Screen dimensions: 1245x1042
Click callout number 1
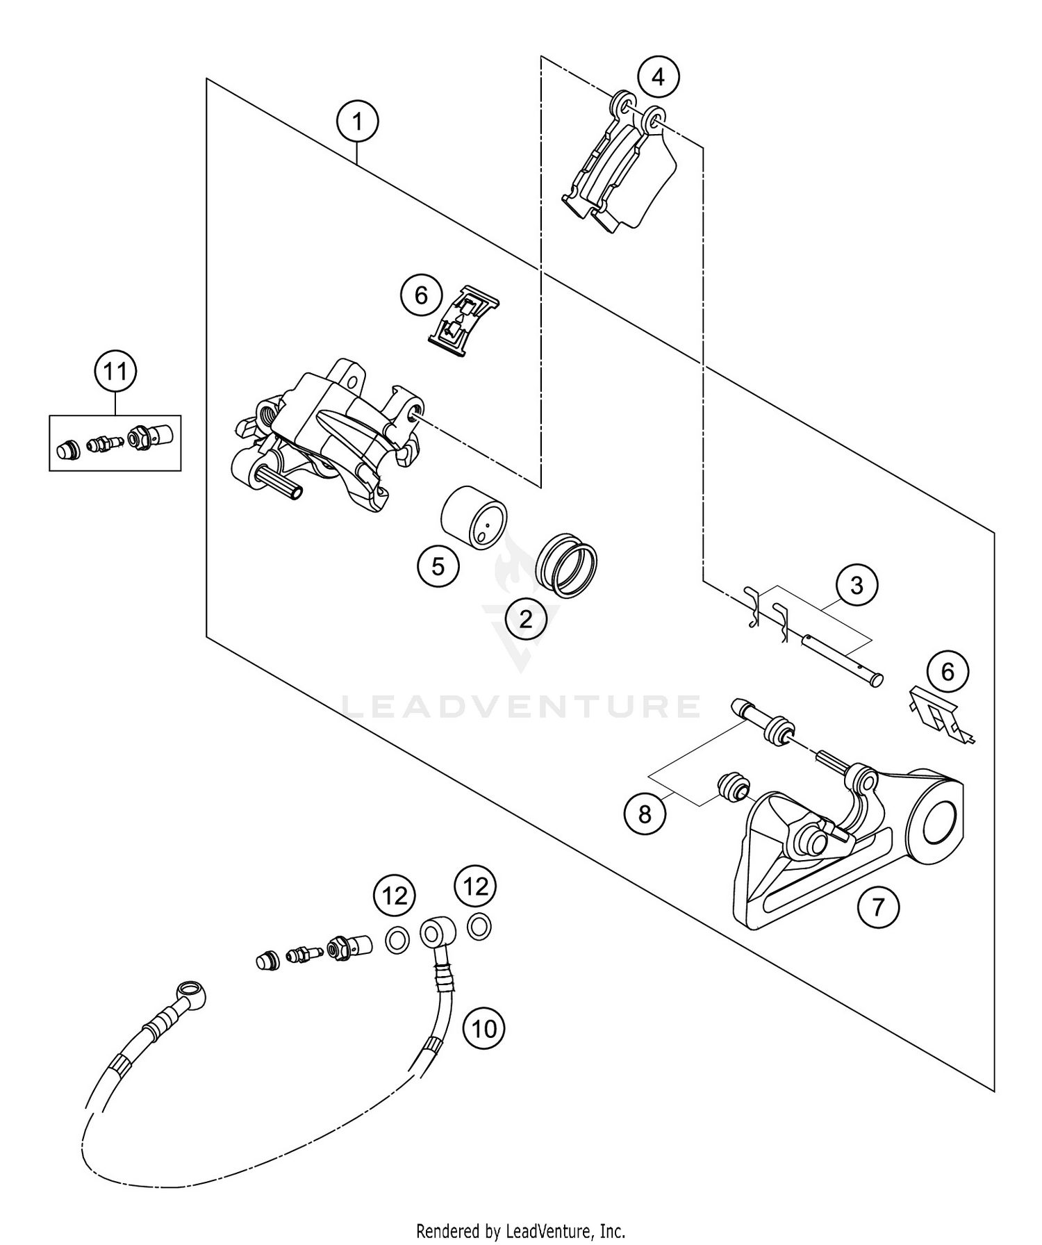(357, 122)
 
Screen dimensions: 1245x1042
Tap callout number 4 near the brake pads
(658, 76)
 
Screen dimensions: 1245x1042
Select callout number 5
(438, 566)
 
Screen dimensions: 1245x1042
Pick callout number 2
(525, 618)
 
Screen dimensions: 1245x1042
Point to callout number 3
(856, 586)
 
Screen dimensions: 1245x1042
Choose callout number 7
(878, 907)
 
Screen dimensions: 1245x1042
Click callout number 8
(645, 814)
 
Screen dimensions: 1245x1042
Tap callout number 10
(484, 1028)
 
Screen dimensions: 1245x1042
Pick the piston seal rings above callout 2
(567, 564)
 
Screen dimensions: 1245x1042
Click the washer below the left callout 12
(397, 941)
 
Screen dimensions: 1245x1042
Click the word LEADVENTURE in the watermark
(521, 707)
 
